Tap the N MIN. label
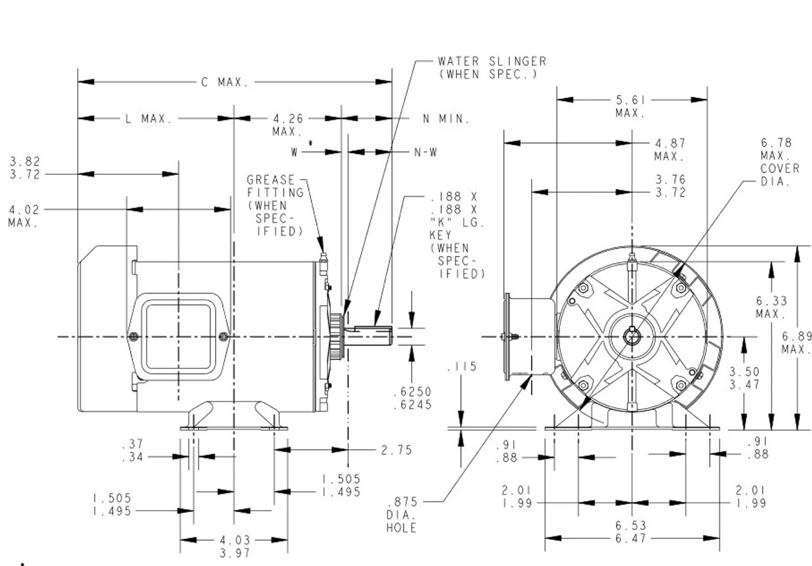click(446, 119)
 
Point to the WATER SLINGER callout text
click(492, 68)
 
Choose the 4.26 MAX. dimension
click(288, 125)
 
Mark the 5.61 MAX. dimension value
click(630, 106)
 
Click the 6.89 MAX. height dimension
click(796, 342)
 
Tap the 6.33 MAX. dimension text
click(771, 308)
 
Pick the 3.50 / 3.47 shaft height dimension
click(744, 378)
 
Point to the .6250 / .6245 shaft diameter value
click(412, 398)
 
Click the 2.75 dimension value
click(396, 450)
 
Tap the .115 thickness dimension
click(461, 367)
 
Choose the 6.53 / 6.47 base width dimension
click(631, 532)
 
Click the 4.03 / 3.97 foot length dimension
click(234, 546)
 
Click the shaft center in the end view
click(632, 337)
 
